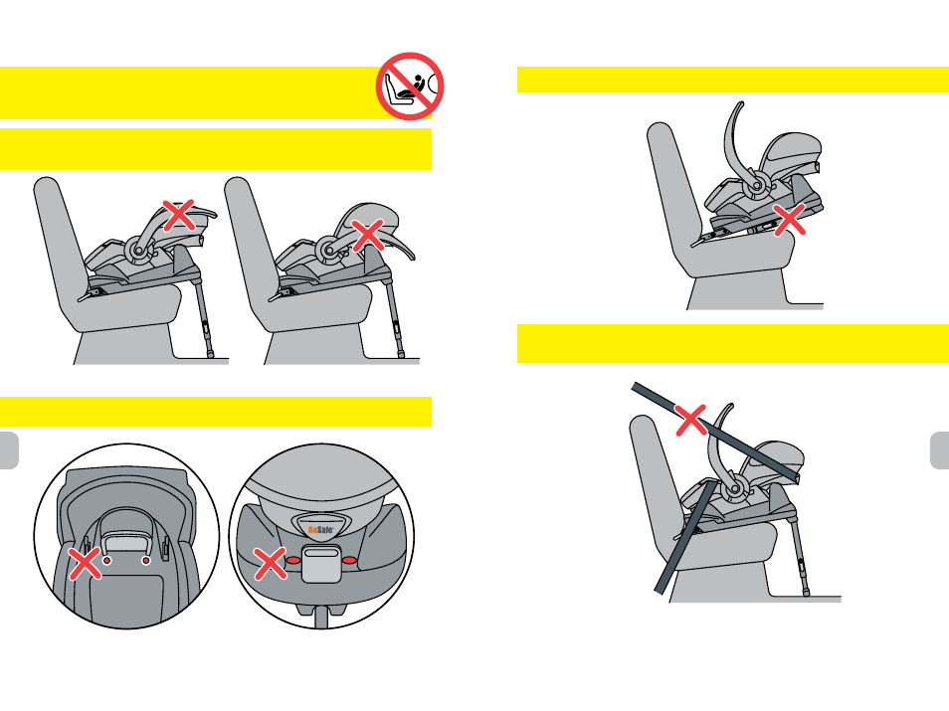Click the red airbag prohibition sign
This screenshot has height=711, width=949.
pos(410,86)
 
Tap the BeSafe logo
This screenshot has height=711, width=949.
pos(320,530)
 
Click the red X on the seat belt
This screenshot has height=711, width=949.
pos(690,420)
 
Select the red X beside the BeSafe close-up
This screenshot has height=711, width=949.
pos(270,564)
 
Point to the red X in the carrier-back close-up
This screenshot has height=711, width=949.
pos(86,564)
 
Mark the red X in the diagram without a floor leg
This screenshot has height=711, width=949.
pos(790,220)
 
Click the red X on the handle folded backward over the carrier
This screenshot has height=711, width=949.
pos(178,215)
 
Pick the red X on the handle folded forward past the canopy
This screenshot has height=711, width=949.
pos(368,235)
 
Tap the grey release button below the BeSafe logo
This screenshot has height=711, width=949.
pos(321,563)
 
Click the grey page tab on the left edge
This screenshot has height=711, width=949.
pos(9,450)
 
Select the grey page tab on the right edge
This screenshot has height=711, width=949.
pos(939,450)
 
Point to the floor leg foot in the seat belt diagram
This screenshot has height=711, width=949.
pos(806,593)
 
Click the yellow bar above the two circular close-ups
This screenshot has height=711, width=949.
pos(216,412)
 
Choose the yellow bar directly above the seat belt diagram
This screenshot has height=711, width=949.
pos(733,344)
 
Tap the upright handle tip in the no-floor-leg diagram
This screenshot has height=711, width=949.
pos(739,104)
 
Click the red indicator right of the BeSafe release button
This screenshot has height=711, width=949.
pos(349,560)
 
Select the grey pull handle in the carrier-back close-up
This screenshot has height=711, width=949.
pos(126,532)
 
